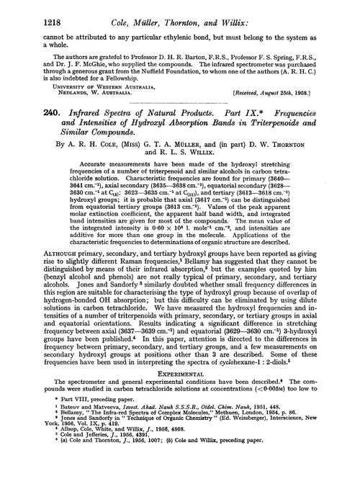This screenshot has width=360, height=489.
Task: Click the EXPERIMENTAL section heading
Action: click(x=179, y=379)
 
